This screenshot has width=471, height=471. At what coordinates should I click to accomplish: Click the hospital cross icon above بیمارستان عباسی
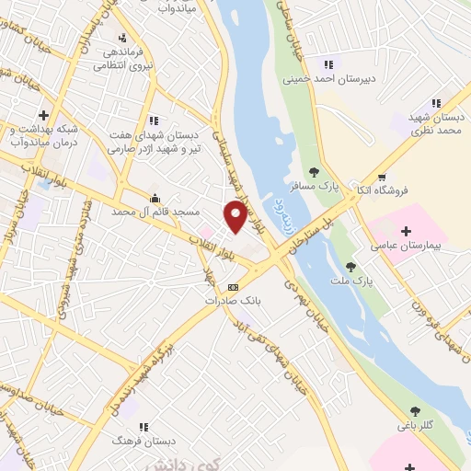406,229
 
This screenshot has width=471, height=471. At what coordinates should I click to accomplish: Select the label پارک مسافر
312,187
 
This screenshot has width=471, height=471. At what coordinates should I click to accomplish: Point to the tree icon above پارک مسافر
313,171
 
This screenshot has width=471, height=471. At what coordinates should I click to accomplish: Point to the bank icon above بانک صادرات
232,285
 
